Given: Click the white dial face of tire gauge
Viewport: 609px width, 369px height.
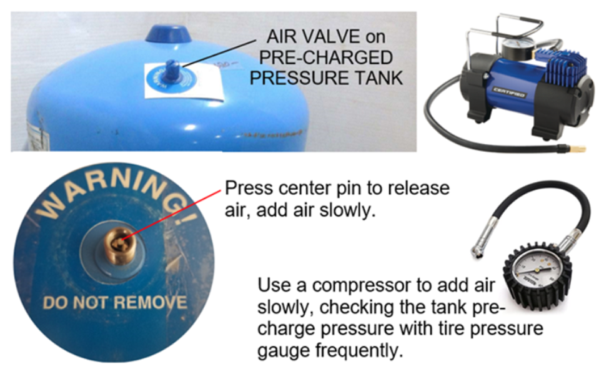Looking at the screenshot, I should click(x=535, y=274).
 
